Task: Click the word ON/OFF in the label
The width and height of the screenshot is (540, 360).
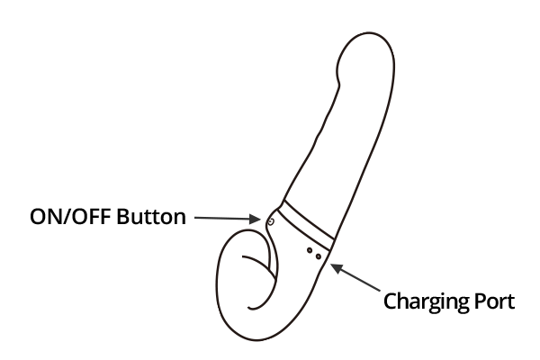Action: [70, 217]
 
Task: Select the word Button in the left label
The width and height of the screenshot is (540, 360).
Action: [151, 217]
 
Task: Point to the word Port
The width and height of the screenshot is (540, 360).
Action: [495, 301]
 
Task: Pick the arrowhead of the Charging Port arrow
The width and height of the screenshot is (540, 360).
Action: [337, 267]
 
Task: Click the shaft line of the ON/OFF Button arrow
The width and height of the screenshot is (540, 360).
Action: [222, 218]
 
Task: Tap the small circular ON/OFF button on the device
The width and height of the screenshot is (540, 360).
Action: [271, 221]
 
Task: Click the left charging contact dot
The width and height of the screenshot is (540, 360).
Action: [310, 250]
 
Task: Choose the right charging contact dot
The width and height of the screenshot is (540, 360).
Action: [319, 256]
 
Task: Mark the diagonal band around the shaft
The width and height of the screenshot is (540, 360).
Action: [306, 225]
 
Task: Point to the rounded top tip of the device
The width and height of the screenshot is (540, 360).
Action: [369, 34]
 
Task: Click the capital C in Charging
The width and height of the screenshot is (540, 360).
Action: [390, 301]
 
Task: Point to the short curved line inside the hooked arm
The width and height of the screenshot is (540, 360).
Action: [260, 264]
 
